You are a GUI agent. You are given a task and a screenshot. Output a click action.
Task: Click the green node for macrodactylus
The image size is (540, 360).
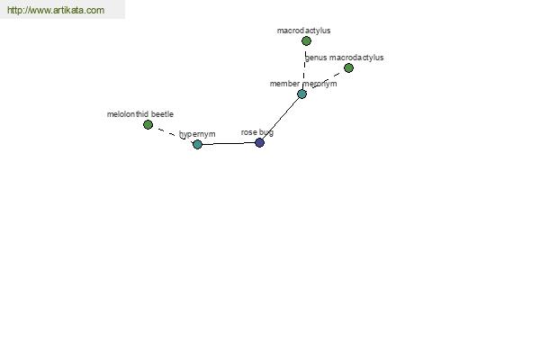(x=306, y=41)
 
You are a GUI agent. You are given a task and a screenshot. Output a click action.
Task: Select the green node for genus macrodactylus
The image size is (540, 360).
(x=348, y=67)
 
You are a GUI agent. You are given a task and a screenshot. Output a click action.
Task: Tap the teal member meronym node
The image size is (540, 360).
(x=302, y=94)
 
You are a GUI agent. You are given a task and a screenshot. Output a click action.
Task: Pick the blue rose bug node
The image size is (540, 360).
(x=259, y=142)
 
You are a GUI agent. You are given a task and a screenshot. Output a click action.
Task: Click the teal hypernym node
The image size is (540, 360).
(x=197, y=144)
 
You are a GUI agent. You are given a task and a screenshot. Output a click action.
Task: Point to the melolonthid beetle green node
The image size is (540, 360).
(x=148, y=125)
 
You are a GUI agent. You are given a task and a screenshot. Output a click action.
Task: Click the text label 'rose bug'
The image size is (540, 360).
(x=257, y=132)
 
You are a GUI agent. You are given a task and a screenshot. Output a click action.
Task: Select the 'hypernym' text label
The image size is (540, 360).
(x=197, y=134)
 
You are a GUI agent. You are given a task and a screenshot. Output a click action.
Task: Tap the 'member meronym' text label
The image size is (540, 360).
(x=303, y=84)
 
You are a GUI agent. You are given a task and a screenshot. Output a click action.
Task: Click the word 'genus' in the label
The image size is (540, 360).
(x=316, y=58)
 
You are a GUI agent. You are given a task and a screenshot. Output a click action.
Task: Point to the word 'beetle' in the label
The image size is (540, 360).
(x=162, y=114)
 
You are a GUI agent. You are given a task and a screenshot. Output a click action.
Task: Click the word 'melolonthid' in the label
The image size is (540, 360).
(x=128, y=114)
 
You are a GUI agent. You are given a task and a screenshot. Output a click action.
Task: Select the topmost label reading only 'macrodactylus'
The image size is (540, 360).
(x=304, y=31)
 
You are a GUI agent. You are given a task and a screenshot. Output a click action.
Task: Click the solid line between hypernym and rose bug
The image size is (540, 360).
(x=229, y=143)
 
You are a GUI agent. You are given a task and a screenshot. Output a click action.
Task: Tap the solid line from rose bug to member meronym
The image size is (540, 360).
(x=281, y=119)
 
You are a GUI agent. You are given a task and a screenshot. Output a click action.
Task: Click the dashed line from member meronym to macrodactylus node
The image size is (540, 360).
(x=304, y=67)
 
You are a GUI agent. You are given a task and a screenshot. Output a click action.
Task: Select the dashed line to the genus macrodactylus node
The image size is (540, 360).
(x=327, y=80)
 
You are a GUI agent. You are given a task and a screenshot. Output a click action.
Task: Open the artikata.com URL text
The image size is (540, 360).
(x=56, y=10)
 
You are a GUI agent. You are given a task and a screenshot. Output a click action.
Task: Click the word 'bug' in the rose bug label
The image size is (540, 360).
(x=266, y=133)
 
